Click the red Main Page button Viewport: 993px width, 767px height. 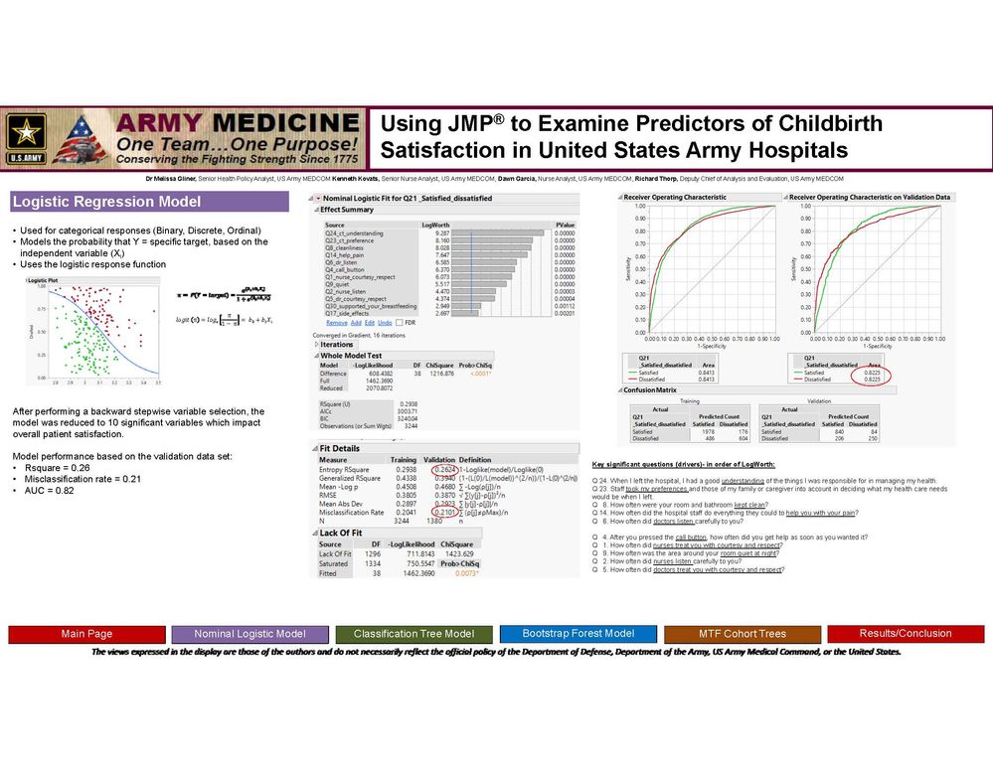86,634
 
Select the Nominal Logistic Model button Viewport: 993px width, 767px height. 249,634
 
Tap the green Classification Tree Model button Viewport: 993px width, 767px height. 414,634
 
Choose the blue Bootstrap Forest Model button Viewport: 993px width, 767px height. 578,633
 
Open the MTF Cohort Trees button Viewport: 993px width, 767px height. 741,634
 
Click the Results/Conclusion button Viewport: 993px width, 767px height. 906,633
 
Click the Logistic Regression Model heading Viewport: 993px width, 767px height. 106,203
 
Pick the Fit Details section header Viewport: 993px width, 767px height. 339,449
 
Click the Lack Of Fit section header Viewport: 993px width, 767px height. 340,534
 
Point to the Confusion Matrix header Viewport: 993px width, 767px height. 655,391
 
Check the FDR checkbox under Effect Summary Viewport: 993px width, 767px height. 399,322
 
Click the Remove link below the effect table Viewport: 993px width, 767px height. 336,322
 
